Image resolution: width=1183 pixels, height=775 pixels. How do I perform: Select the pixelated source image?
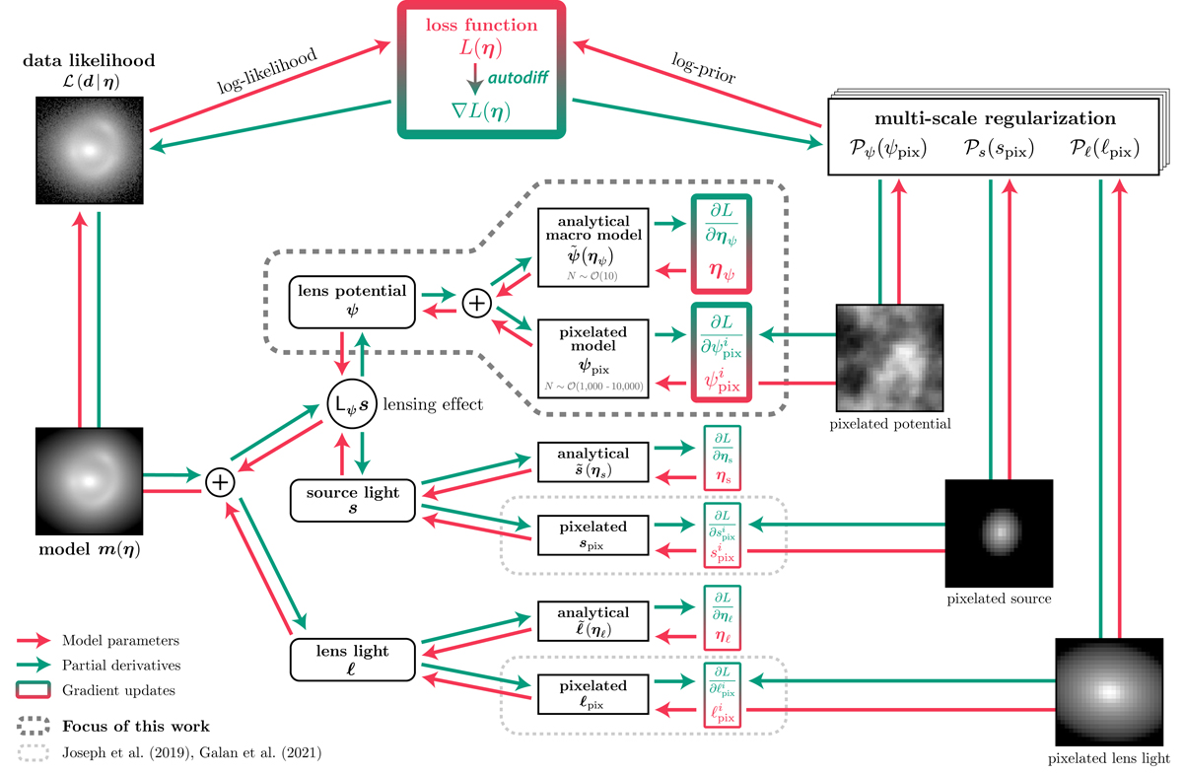click(999, 532)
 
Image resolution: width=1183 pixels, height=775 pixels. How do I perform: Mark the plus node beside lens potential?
click(476, 303)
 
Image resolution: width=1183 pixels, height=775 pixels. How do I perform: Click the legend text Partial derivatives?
click(116, 666)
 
